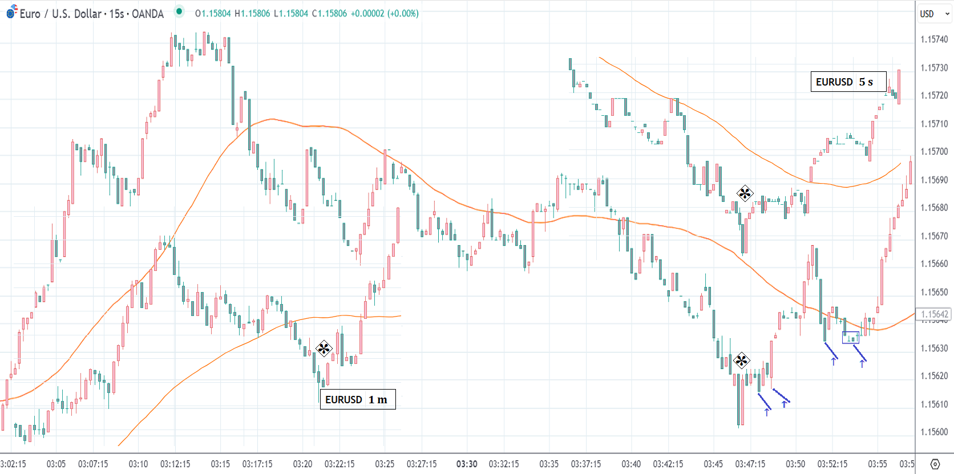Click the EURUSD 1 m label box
pos(357,399)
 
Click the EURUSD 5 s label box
pos(848,82)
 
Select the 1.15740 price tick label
pos(934,39)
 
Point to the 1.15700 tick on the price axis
pos(934,152)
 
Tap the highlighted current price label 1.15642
pos(934,314)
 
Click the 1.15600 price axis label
pos(934,432)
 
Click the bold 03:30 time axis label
pos(467,464)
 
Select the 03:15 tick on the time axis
pos(220,464)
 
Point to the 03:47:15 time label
pos(750,464)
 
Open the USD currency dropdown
pos(934,14)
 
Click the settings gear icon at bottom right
pos(935,464)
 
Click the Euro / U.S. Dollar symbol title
pos(91,14)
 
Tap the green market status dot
pos(179,11)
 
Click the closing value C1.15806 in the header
pos(329,14)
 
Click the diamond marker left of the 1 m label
pos(324,348)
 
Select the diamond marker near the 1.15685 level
pos(745,193)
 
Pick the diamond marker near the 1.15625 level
pos(741,360)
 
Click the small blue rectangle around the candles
pos(850,337)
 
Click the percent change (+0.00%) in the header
pos(403,14)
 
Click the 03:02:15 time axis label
pos(13,464)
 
